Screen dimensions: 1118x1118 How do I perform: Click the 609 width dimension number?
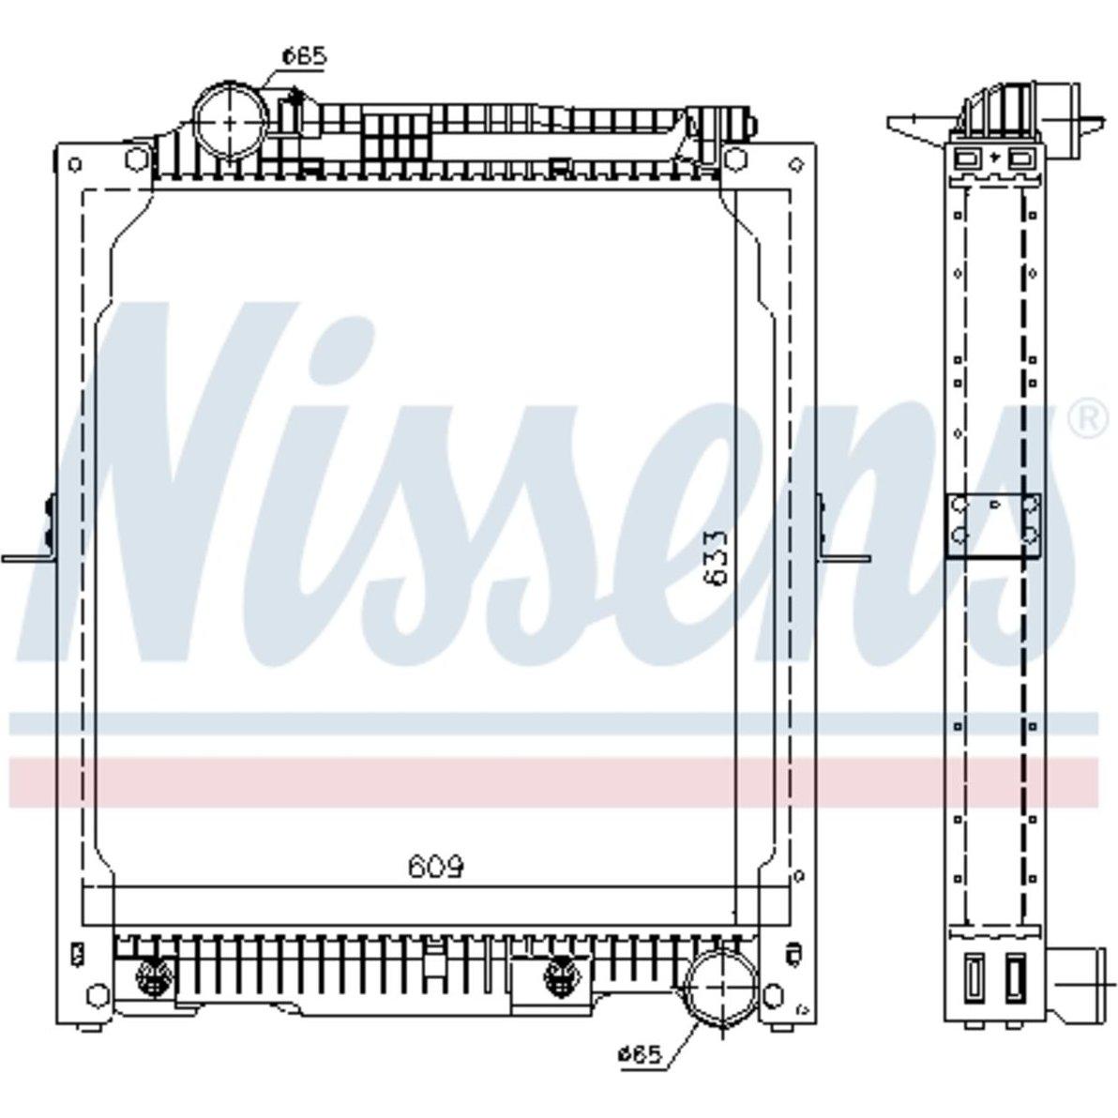pyautogui.click(x=435, y=867)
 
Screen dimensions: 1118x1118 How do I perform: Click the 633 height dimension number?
pyautogui.click(x=715, y=557)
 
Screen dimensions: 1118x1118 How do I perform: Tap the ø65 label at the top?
pyautogui.click(x=305, y=55)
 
